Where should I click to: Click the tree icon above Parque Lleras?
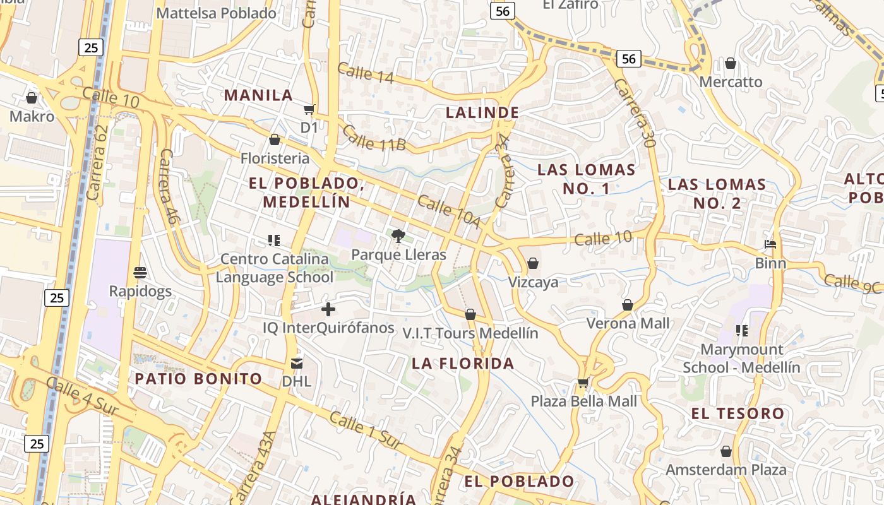(x=398, y=236)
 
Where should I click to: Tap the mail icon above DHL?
(x=296, y=364)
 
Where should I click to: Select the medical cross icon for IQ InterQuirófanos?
(x=328, y=309)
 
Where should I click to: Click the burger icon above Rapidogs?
(x=140, y=273)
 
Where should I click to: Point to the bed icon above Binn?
(x=770, y=244)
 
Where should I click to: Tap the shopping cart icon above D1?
(x=309, y=110)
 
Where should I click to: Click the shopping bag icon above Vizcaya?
(x=533, y=263)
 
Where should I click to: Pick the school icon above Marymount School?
(x=741, y=331)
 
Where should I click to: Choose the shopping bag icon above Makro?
(x=31, y=98)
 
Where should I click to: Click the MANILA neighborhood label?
(x=258, y=95)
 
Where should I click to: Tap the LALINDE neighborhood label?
(x=482, y=113)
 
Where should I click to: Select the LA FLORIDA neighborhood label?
(x=463, y=364)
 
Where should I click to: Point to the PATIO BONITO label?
(x=198, y=379)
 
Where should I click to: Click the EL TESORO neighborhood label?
(x=738, y=414)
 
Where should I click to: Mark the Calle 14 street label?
(x=365, y=73)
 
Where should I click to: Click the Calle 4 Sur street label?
(x=82, y=396)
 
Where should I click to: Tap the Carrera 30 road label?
(x=635, y=113)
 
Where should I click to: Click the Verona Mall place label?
(x=628, y=324)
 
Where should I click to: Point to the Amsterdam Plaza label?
(x=726, y=470)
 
